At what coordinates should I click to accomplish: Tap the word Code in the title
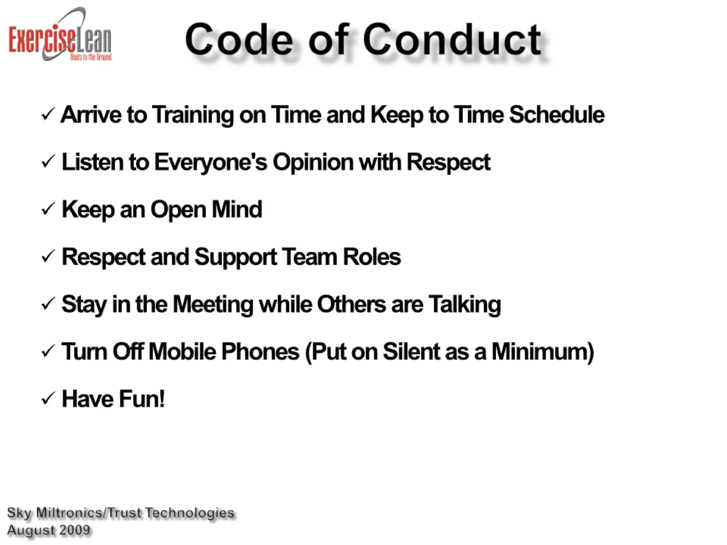[x=239, y=40]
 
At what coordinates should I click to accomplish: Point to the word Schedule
[x=556, y=115]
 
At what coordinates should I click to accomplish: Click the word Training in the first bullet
[x=193, y=115]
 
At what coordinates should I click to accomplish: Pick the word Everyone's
[x=211, y=162]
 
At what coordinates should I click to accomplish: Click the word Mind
[x=237, y=209]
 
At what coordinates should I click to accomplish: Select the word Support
[x=235, y=257]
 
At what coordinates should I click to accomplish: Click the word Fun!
[x=142, y=398]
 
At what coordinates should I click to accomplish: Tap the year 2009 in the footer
[x=75, y=530]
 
